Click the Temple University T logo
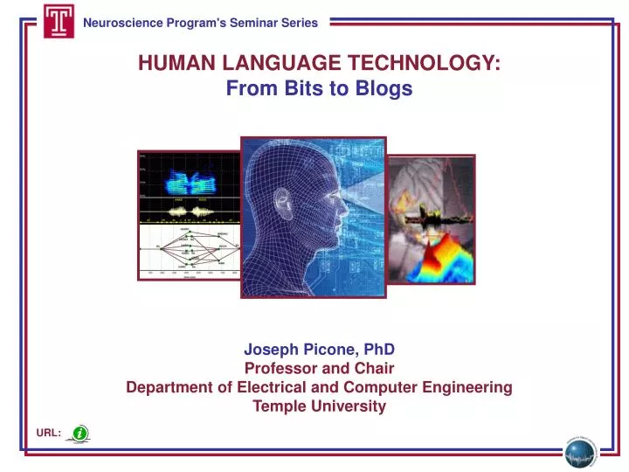pos(59,21)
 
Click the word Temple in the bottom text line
pos(277,406)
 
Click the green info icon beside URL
pos(79,433)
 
